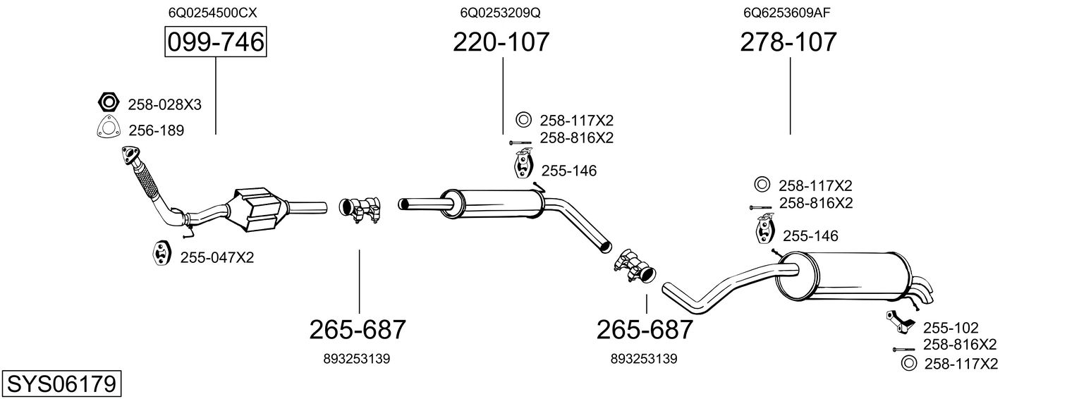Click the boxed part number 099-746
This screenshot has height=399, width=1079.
[215, 43]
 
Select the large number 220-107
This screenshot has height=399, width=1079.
[501, 42]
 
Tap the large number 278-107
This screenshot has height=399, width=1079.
[788, 42]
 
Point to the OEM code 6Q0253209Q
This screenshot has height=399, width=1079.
[500, 13]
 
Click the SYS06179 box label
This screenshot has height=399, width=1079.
[61, 384]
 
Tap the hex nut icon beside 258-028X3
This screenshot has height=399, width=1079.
[108, 103]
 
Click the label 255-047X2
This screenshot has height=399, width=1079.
[217, 258]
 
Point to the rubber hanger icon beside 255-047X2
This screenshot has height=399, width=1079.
[161, 254]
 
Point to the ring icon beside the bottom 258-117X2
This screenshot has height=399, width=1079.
[909, 364]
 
